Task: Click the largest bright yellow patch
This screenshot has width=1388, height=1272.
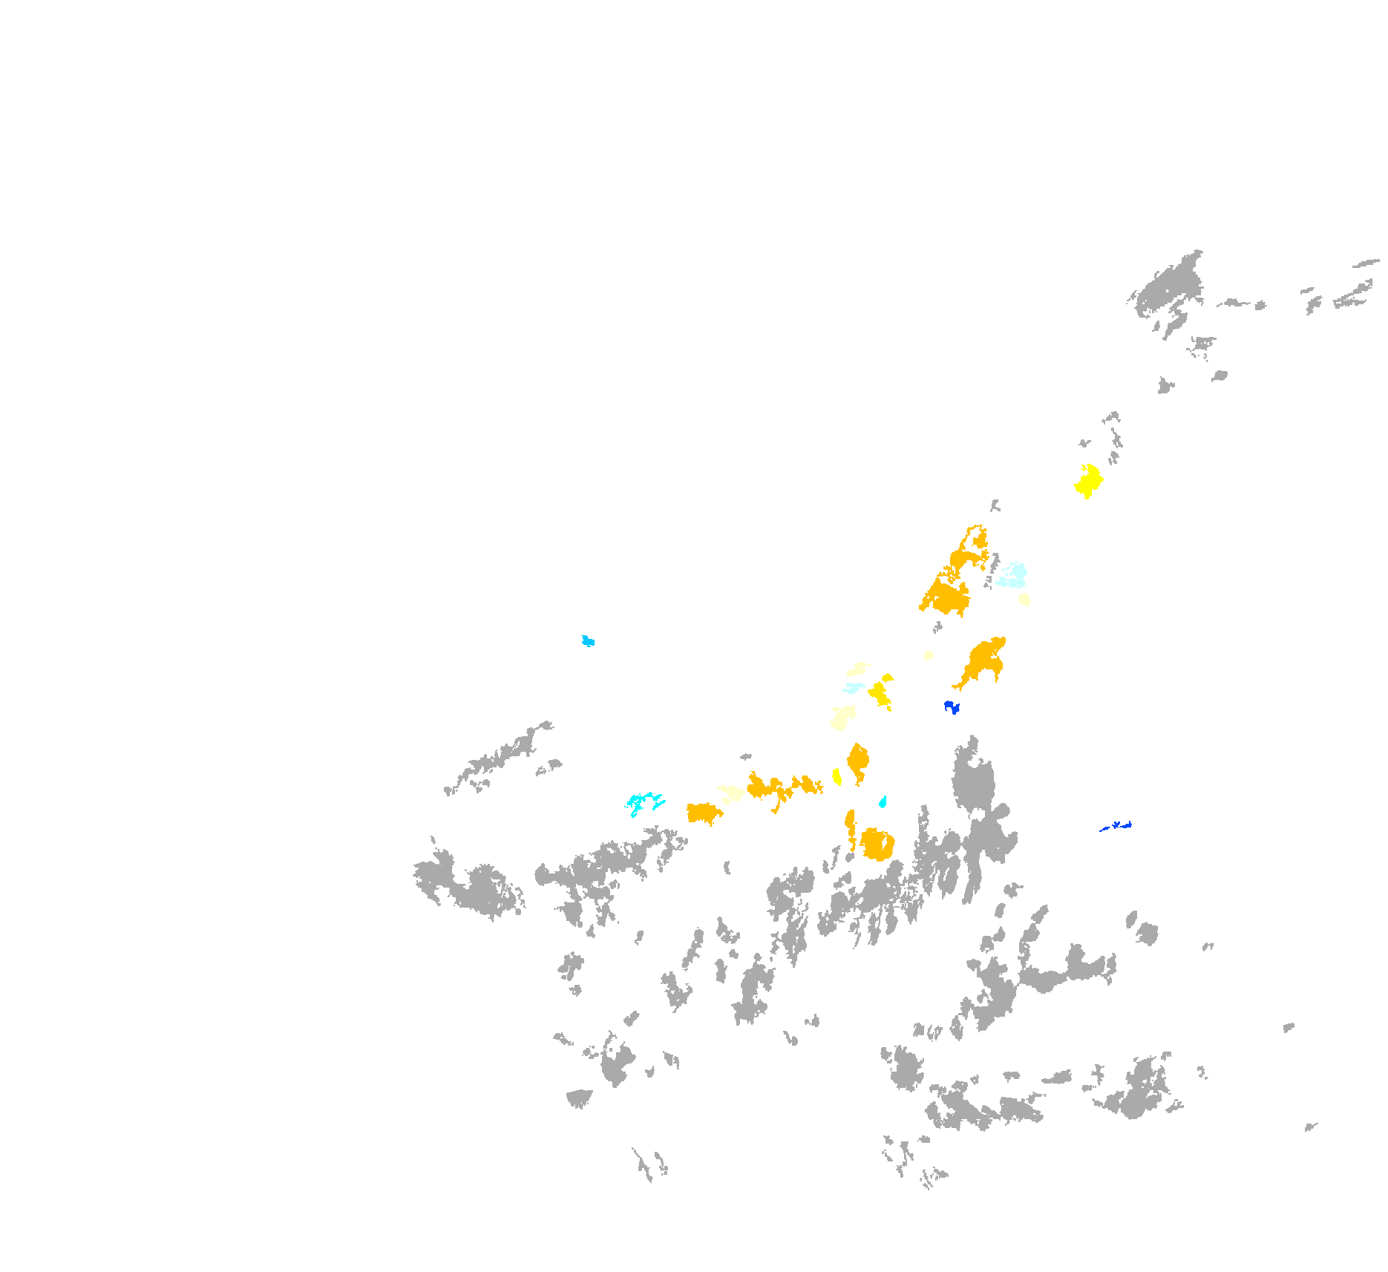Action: click(1088, 481)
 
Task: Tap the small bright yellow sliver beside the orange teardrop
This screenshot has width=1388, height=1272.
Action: click(837, 776)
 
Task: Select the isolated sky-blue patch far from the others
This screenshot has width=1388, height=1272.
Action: click(588, 640)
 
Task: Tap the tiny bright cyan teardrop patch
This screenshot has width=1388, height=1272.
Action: click(883, 801)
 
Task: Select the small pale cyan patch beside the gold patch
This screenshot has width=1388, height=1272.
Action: click(854, 688)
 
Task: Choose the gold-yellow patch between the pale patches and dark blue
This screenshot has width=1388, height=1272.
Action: click(880, 692)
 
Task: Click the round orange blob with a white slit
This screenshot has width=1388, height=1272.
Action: click(877, 845)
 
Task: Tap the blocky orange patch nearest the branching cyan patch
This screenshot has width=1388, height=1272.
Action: click(702, 813)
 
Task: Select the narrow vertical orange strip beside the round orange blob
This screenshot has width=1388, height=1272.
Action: click(850, 827)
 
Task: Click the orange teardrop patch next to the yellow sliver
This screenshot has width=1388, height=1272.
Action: click(859, 761)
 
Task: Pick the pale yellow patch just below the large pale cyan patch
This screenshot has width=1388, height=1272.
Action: click(1024, 599)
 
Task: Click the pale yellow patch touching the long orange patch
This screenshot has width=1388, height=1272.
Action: click(732, 793)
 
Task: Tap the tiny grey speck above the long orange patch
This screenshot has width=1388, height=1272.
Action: click(746, 757)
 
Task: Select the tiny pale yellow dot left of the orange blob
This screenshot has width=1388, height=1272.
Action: click(928, 655)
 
